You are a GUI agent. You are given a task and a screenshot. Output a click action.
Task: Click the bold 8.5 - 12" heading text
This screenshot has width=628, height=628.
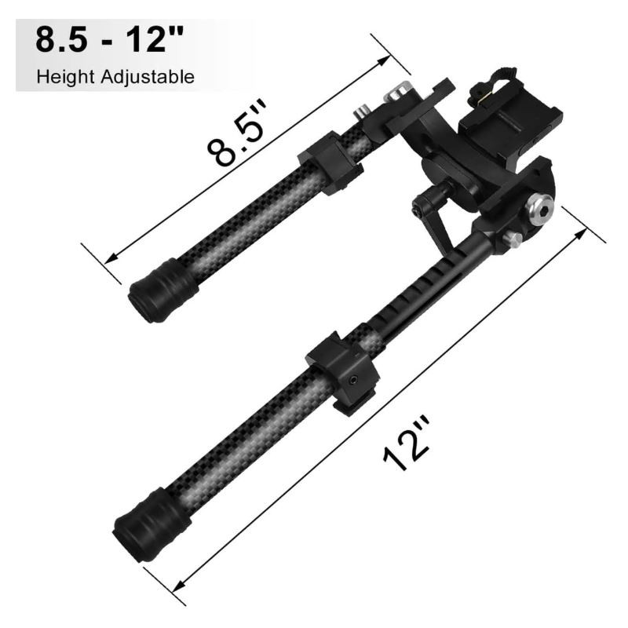click(x=109, y=40)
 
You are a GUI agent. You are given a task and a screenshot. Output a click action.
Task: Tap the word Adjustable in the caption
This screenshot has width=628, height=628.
click(x=148, y=76)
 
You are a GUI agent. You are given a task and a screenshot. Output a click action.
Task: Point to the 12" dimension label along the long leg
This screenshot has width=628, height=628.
click(x=407, y=444)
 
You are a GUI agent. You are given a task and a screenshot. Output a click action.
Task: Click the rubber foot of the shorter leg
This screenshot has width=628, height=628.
click(x=163, y=290)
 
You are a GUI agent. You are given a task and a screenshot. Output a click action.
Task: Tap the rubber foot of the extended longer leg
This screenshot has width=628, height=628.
click(x=152, y=524)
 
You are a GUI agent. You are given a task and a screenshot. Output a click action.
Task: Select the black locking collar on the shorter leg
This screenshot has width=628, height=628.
click(x=330, y=163)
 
